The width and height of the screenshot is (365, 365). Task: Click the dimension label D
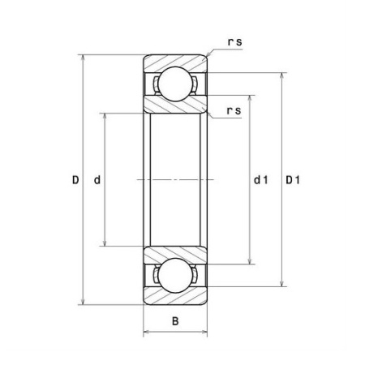(75, 180)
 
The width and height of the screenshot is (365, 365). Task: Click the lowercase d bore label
(97, 180)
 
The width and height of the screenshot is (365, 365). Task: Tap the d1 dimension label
(260, 180)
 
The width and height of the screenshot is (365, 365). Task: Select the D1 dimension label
(293, 180)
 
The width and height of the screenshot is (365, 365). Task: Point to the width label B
(175, 321)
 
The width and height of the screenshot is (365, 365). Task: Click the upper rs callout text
(234, 42)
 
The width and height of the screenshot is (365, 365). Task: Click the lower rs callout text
(234, 111)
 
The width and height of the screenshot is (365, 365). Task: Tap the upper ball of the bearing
(176, 84)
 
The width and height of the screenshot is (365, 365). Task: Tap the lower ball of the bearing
(176, 275)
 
